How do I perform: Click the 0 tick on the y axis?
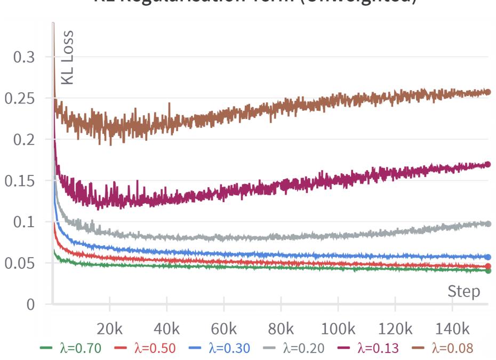[x=30, y=305]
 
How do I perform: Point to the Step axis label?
[x=463, y=292]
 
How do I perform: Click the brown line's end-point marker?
[x=487, y=92]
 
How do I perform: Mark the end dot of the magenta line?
[x=487, y=164]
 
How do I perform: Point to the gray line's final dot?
[x=487, y=224]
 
